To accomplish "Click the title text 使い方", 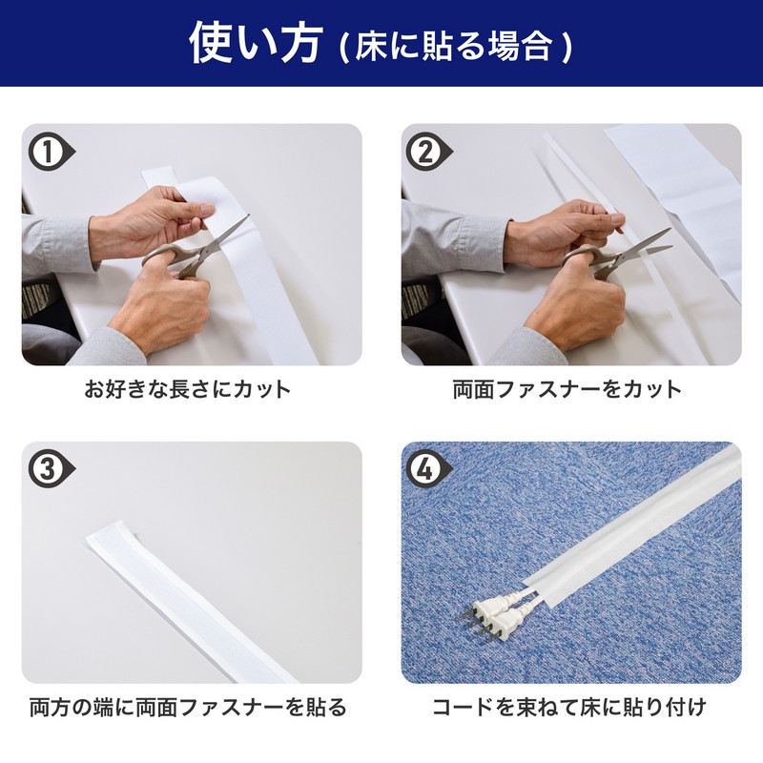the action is point(256,44).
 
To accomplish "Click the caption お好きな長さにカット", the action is point(188,389).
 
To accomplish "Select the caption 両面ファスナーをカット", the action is point(567,389).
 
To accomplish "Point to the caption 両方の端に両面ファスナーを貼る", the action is point(188,707).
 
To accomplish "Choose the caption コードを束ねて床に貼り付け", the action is point(569,707).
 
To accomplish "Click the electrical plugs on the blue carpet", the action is point(491,615).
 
